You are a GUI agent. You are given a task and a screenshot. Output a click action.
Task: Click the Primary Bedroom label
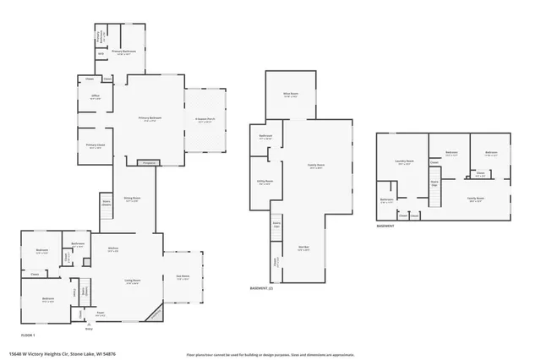pyautogui.click(x=150, y=118)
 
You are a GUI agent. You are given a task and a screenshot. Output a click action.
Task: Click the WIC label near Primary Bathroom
pyautogui.click(x=101, y=53)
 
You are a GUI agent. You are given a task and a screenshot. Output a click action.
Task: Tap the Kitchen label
pyautogui.click(x=113, y=249)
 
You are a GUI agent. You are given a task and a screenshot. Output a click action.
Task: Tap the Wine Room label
pyautogui.click(x=290, y=95)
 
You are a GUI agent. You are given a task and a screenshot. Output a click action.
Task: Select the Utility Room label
pyautogui.click(x=265, y=181)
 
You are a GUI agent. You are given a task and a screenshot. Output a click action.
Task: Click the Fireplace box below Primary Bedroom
pyautogui.click(x=150, y=162)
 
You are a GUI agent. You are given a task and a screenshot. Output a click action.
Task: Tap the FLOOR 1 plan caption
pyautogui.click(x=28, y=335)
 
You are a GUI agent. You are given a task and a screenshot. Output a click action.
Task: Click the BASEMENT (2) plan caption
pyautogui.click(x=261, y=289)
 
